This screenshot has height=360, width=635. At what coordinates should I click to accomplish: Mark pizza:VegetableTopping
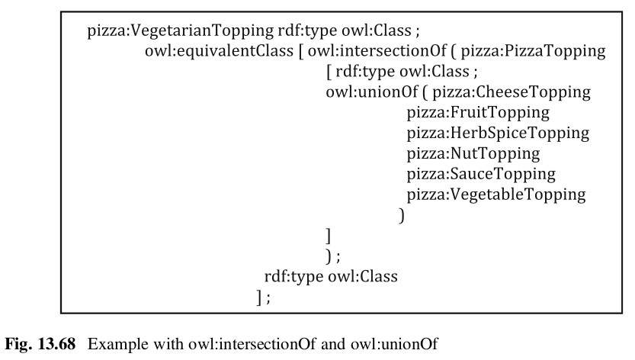point(496,194)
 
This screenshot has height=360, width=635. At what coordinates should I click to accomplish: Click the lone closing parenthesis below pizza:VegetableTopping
point(401,214)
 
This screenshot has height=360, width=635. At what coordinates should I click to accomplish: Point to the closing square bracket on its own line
point(328,234)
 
